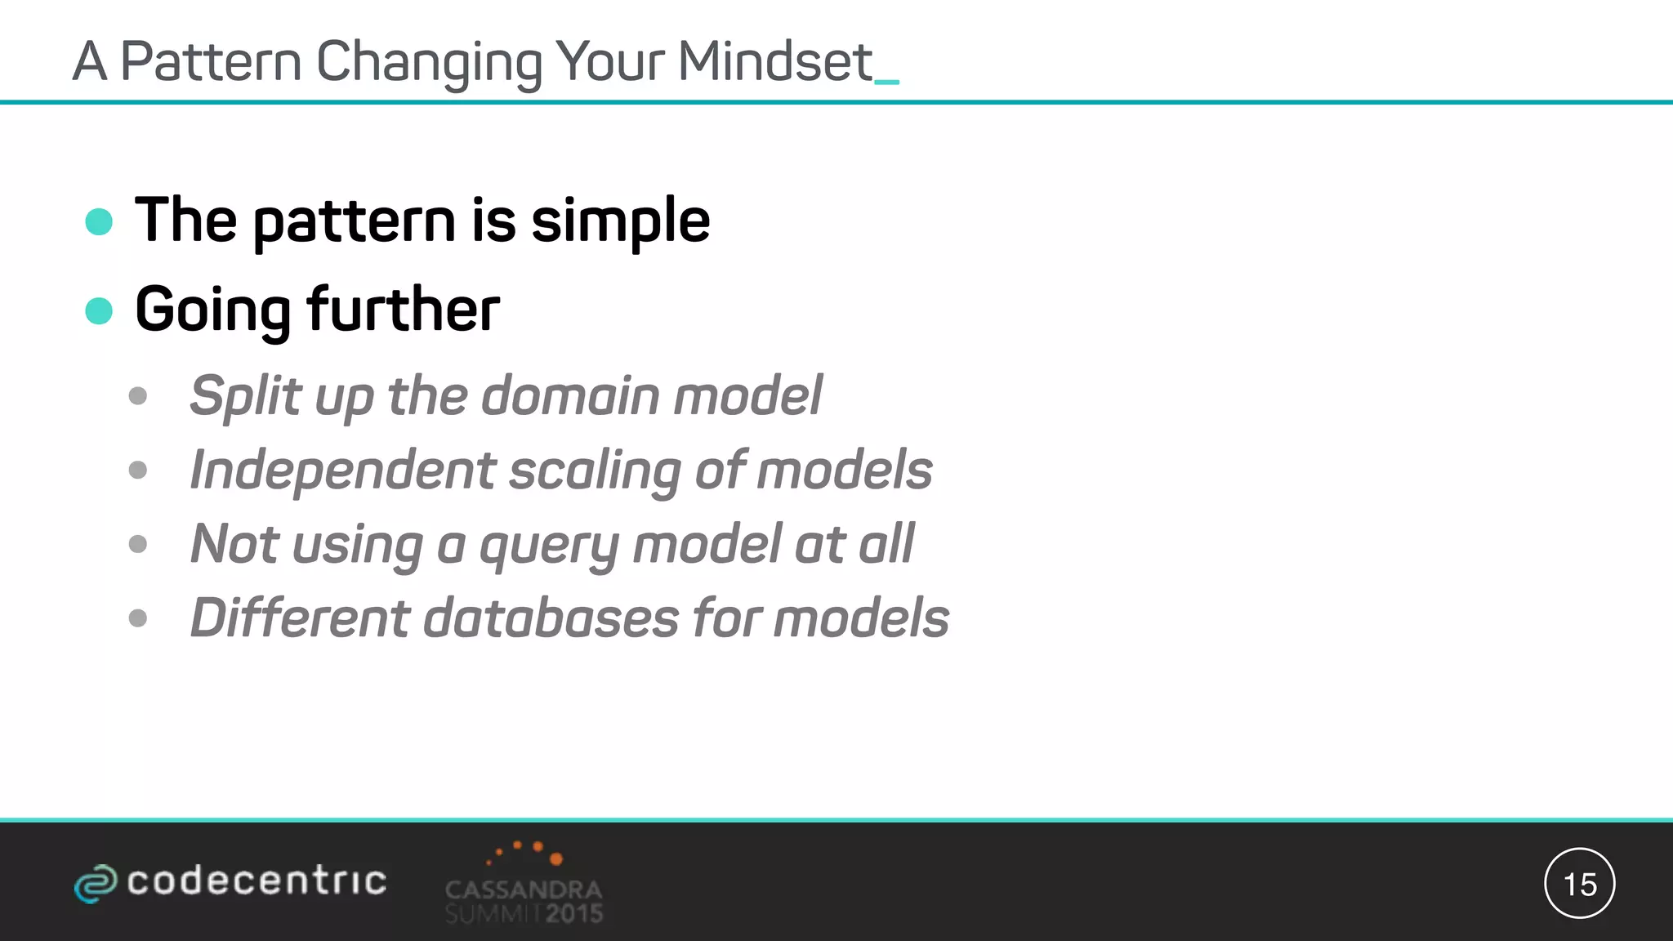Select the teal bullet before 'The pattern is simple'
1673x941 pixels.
(x=99, y=221)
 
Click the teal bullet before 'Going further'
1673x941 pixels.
(x=99, y=310)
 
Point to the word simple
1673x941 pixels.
(x=620, y=222)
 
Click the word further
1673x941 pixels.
(x=403, y=310)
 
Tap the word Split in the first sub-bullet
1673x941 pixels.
(x=245, y=396)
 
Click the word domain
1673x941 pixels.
(x=570, y=396)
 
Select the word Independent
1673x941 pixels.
(x=342, y=470)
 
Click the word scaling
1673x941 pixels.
(x=595, y=470)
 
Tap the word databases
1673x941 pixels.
(x=551, y=618)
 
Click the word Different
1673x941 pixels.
(x=299, y=618)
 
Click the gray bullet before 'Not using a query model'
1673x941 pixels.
(x=138, y=544)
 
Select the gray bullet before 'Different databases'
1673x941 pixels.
(x=138, y=618)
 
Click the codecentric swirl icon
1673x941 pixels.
(x=96, y=883)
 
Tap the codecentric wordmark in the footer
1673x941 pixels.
(x=257, y=881)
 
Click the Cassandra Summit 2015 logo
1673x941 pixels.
(x=524, y=884)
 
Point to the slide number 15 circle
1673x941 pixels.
(x=1579, y=883)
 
